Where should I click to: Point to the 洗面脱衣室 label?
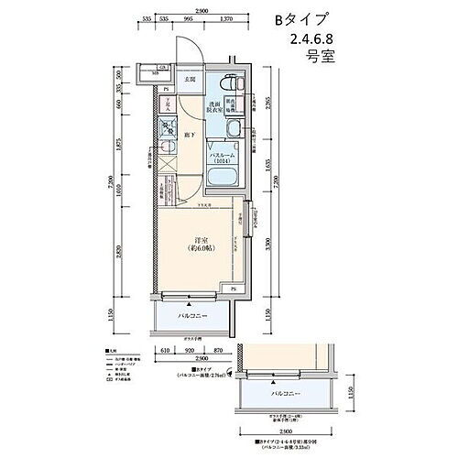tap(212, 107)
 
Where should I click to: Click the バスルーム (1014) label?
tap(224, 158)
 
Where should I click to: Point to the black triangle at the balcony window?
tap(187, 298)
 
